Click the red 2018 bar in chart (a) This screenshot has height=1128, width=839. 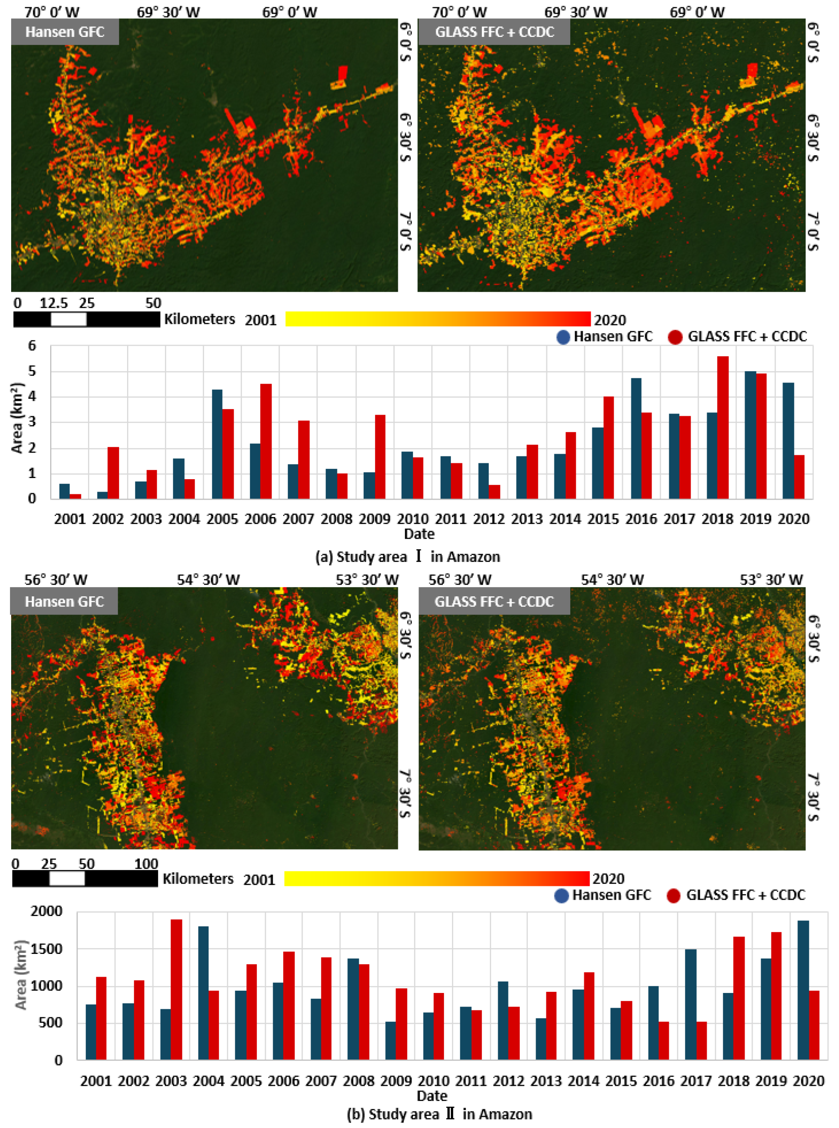point(722,427)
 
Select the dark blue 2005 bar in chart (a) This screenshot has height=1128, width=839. point(217,444)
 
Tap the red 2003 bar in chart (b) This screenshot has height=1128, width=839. point(176,989)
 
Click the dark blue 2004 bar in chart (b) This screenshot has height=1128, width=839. point(203,993)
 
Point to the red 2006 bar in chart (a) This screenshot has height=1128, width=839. point(266,441)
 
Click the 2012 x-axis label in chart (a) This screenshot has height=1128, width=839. point(488,519)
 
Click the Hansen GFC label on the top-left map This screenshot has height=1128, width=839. point(65,32)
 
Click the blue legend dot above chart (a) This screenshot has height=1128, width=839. point(563,337)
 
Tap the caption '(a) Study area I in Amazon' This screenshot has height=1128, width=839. point(407,557)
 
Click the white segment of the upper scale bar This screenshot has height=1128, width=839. point(68,319)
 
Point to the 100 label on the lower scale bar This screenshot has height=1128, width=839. point(146,863)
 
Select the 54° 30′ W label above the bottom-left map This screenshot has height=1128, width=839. point(208,580)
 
